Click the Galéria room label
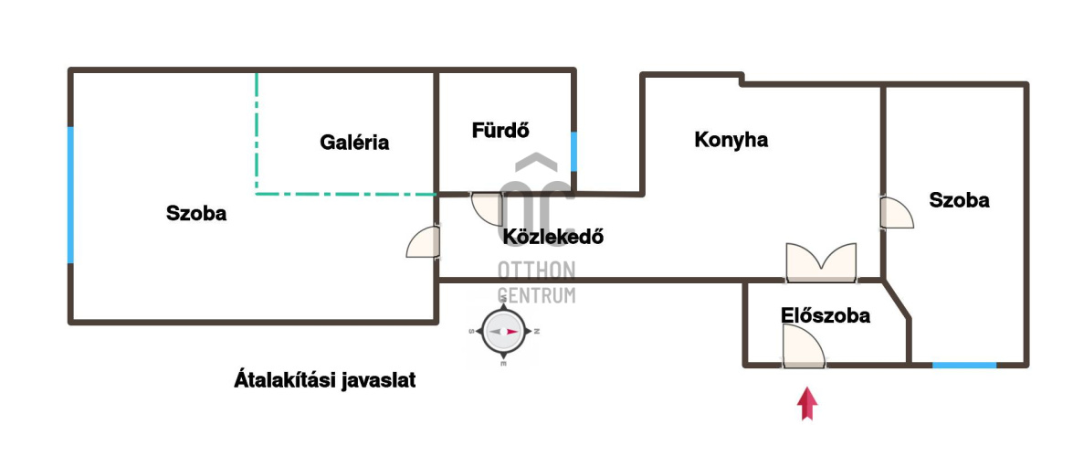coord(354,143)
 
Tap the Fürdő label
coord(500,131)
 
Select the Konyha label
coord(731,140)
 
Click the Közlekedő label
coord(553,237)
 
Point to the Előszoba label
coord(825,316)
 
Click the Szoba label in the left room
coord(196,214)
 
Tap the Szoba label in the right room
coord(959,200)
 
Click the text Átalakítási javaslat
coord(324,380)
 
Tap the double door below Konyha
coord(821,261)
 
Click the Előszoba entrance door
coord(803,348)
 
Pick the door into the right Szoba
coord(896,212)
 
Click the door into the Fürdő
coord(488,208)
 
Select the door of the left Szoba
coord(424,242)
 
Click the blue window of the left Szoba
coord(70,195)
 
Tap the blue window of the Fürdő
coord(573,151)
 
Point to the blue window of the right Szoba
coord(963,365)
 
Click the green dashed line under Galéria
coord(345,193)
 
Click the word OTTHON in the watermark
coord(536,271)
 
